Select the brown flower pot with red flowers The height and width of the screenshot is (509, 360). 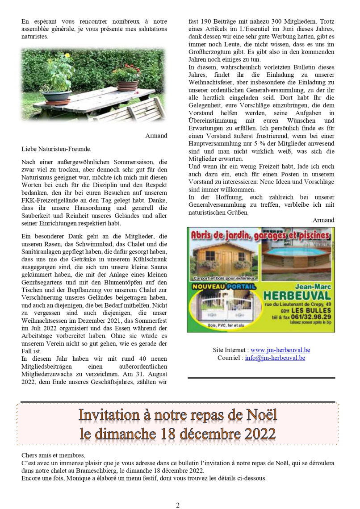pos(127,85)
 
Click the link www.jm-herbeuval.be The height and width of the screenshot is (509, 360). pos(280,350)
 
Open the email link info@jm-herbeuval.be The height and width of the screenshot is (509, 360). pos(275,358)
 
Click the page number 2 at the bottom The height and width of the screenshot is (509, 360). pos(178,505)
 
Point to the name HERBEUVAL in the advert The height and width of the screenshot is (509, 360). pos(297,296)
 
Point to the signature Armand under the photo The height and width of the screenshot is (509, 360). pos(156,135)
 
